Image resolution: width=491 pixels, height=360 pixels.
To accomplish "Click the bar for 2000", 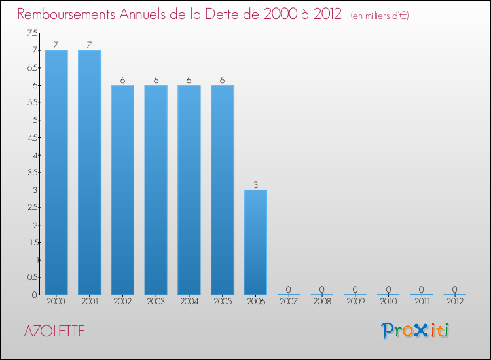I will (56, 172).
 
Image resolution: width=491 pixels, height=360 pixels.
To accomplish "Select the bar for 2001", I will (90, 172).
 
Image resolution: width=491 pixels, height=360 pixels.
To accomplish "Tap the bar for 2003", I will (156, 190).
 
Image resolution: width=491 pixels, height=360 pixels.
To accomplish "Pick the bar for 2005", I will (223, 190).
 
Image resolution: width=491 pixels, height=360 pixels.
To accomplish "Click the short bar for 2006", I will (255, 242).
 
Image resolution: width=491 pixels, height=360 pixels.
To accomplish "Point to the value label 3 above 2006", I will (255, 185).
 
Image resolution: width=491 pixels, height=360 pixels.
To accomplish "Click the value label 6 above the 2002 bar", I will (122, 80).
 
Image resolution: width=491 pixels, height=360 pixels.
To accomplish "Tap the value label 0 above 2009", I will (355, 289).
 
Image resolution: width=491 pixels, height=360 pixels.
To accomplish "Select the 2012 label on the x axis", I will (455, 302).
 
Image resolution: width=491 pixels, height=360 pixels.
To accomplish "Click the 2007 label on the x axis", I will (289, 302).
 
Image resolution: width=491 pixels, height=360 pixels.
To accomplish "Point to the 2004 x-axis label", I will (189, 302).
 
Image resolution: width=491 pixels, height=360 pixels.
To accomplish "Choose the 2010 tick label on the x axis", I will (388, 302).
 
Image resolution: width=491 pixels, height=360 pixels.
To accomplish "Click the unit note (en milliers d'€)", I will (380, 15).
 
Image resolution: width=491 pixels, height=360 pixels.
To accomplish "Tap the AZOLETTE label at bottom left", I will (54, 331).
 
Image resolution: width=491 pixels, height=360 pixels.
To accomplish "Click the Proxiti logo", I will (415, 331).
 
